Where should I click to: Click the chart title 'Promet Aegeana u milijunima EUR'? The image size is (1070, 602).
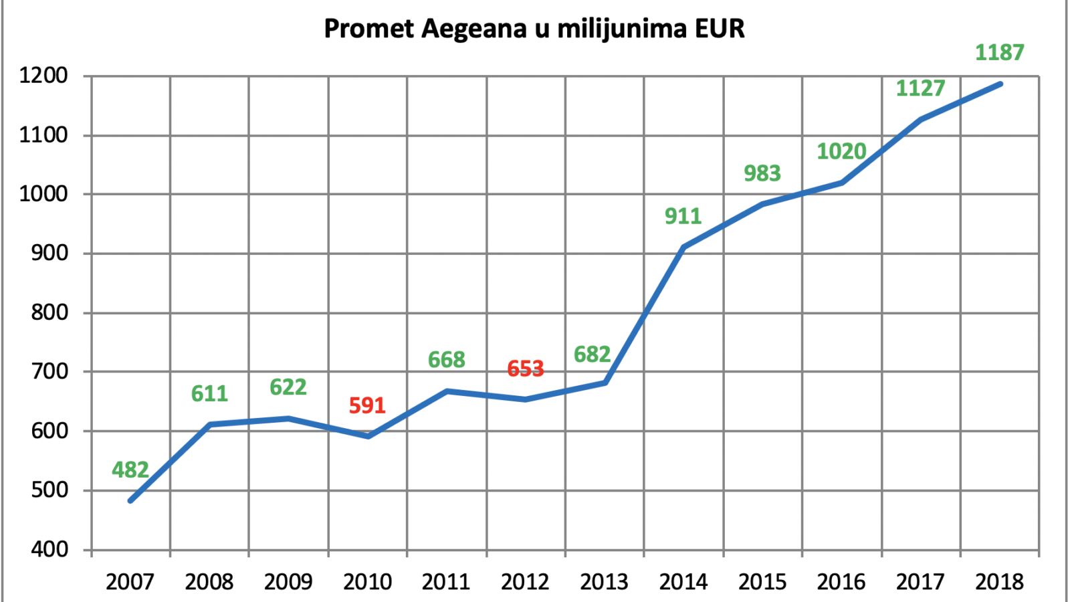(x=534, y=29)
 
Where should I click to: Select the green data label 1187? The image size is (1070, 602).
(x=999, y=53)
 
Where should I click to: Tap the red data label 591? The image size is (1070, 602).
(x=367, y=405)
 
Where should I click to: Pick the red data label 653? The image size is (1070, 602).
(x=525, y=369)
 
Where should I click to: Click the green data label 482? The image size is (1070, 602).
(x=130, y=470)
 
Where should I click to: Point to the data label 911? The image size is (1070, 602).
(x=683, y=217)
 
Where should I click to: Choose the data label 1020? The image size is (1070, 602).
(x=841, y=152)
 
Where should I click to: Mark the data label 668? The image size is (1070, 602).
(x=446, y=360)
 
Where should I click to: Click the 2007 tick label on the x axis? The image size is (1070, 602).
(x=130, y=582)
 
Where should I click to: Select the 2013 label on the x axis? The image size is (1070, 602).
(x=605, y=582)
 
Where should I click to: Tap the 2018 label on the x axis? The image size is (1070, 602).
(x=999, y=582)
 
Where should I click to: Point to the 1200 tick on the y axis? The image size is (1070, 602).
(x=43, y=76)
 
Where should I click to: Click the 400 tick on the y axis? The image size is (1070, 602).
(x=49, y=550)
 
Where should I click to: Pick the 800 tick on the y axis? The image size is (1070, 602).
(x=49, y=313)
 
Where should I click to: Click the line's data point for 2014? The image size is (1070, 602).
(x=683, y=247)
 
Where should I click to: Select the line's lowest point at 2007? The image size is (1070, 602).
(x=130, y=501)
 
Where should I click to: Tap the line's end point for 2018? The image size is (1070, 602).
(x=1000, y=84)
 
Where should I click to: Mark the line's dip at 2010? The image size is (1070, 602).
(x=368, y=436)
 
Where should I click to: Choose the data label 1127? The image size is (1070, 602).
(x=920, y=88)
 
